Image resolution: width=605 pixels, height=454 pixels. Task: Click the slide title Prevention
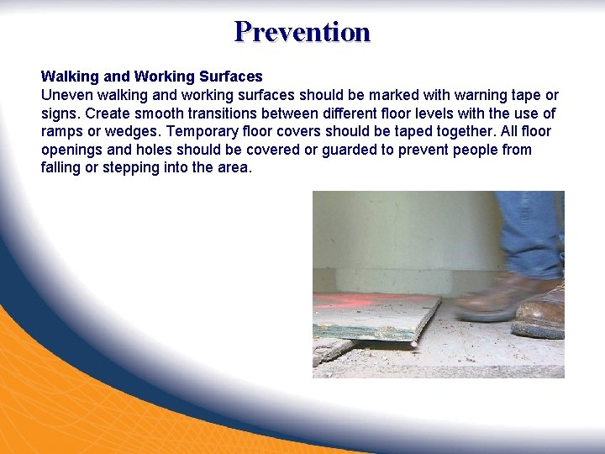coord(302,32)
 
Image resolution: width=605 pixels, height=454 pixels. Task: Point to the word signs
coord(59,113)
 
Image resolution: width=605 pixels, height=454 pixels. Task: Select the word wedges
coord(126,132)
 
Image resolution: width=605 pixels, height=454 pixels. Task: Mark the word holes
coord(150,150)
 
